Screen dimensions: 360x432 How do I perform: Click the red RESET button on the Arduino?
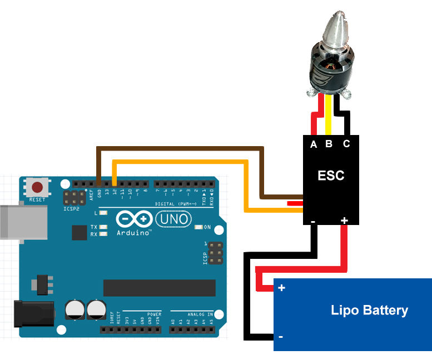tap(38, 187)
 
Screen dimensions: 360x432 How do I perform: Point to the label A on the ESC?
tap(314, 144)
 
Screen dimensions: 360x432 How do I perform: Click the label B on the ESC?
tap(329, 144)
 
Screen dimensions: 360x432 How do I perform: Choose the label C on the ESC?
tap(346, 144)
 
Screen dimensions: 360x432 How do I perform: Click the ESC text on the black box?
tap(331, 176)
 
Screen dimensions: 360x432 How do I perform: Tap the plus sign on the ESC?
tap(344, 221)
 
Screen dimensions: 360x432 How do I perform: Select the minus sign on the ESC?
tap(313, 221)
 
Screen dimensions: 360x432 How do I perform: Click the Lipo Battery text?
tap(369, 310)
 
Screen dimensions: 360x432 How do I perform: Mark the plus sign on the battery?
tap(281, 288)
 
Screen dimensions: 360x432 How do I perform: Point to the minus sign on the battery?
tap(281, 337)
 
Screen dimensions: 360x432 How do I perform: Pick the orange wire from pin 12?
tap(178, 162)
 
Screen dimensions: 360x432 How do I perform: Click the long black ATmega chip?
tap(159, 288)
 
